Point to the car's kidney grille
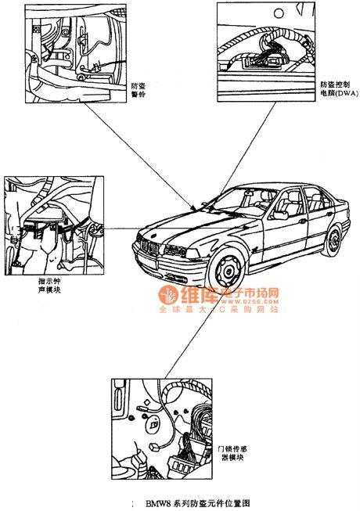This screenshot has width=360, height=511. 151,247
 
